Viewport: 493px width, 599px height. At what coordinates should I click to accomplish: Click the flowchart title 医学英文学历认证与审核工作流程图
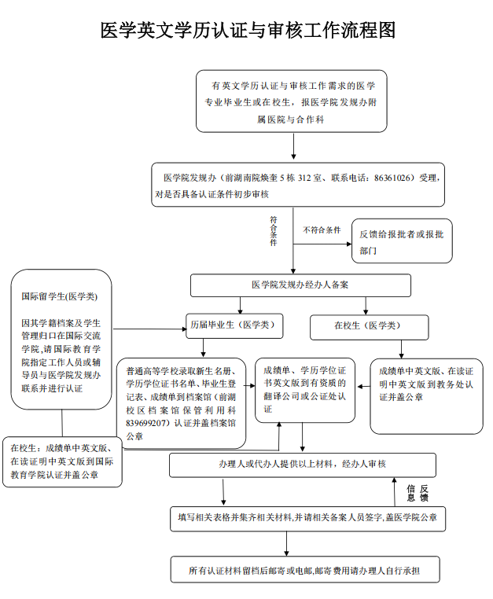coord(247,31)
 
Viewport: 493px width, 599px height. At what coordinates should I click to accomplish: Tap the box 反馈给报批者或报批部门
coord(401,241)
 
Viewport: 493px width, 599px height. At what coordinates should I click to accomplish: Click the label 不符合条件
coord(322,230)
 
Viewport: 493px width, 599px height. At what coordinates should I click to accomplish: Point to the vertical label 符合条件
coord(274,231)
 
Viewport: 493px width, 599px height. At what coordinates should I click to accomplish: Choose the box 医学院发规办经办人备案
coord(300,285)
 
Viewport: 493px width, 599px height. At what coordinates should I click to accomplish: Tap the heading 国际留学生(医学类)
coord(60,296)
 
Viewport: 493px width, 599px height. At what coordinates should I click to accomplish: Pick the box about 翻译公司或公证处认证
coord(304,389)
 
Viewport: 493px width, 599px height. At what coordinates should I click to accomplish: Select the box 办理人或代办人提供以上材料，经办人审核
coord(302,464)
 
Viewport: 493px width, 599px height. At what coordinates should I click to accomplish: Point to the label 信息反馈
coord(417,493)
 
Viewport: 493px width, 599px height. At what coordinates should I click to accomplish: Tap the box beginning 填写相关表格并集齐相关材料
coord(307,518)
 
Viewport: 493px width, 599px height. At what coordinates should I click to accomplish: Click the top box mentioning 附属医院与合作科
coord(292,101)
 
